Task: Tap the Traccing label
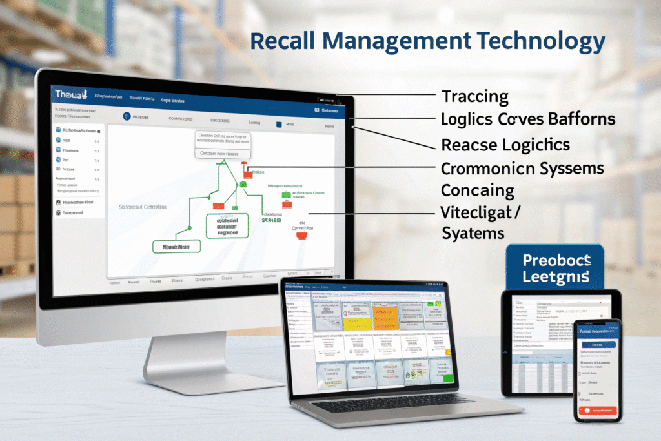point(475,97)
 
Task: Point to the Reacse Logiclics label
point(505,144)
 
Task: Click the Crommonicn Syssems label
point(522,169)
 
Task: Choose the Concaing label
point(478,190)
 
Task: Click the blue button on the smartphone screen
point(597,344)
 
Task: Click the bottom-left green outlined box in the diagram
point(176,246)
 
